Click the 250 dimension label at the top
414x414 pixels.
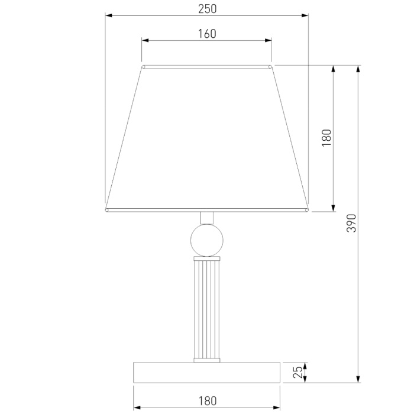click(207, 9)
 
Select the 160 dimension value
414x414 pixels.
click(207, 34)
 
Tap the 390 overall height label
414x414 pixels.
click(351, 223)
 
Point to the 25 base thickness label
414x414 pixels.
click(297, 372)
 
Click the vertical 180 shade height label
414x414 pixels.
click(326, 138)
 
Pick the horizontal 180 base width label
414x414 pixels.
click(208, 401)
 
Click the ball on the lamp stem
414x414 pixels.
click(207, 240)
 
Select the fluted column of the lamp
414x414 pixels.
click(207, 309)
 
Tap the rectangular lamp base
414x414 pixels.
click(207, 372)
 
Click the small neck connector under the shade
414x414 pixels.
click(207, 218)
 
